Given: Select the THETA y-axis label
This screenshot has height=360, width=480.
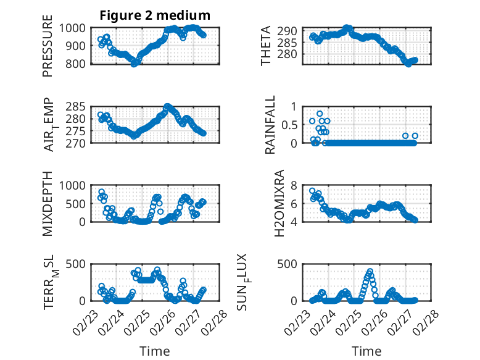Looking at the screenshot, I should coord(266,46).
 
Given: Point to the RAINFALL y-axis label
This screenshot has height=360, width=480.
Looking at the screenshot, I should coord(270,124).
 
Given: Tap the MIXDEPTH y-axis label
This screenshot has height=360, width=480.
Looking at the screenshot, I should coord(48,203).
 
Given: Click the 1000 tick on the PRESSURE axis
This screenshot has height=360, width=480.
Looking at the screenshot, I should coord(76,28).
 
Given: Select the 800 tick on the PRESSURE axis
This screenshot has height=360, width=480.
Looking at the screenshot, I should coord(79,64).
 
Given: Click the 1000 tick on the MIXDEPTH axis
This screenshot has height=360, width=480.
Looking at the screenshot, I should coord(76,185).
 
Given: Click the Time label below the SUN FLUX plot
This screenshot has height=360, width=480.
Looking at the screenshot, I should coord(366,351).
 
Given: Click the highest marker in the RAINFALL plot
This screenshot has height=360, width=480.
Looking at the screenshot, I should coord(320,114).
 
